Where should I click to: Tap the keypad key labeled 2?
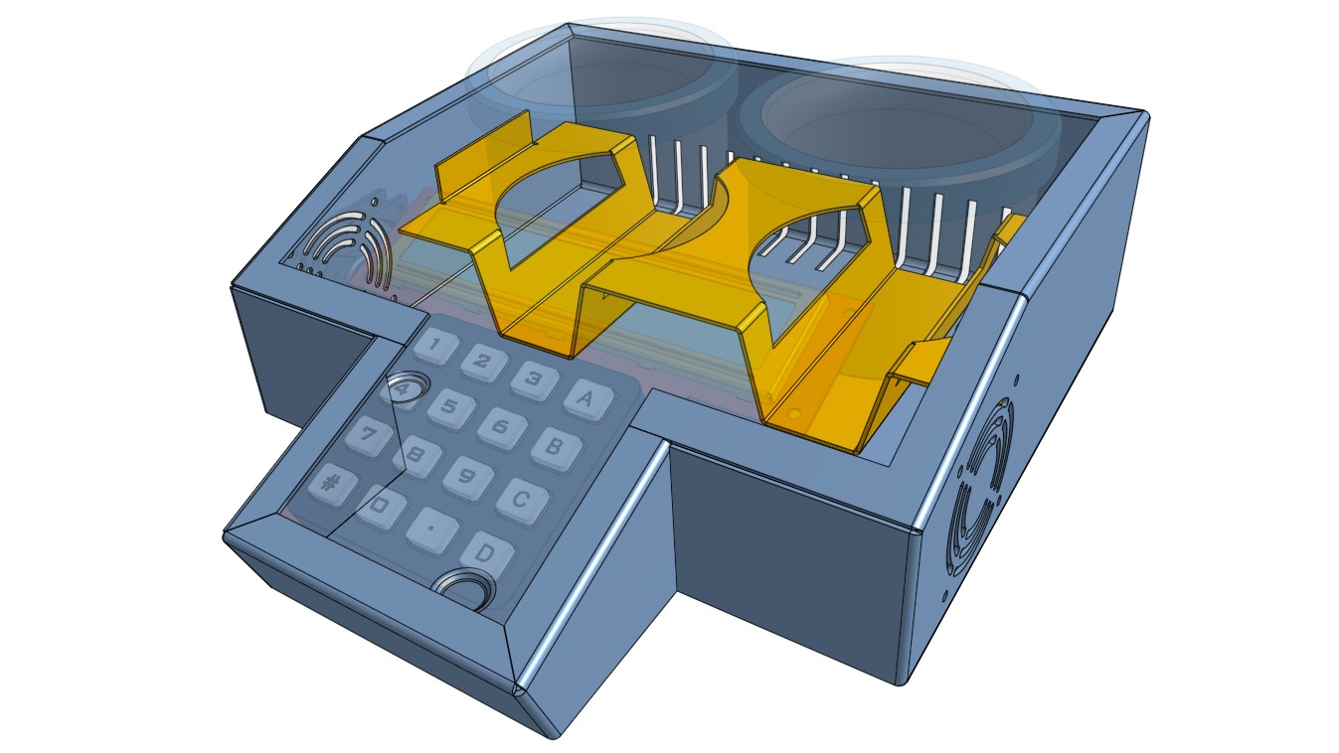(484, 362)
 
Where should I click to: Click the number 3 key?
(534, 378)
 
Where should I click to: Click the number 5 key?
(449, 406)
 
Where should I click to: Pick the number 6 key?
(501, 427)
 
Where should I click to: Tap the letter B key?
(554, 447)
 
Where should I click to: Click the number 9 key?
(466, 477)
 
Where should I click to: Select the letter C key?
(520, 498)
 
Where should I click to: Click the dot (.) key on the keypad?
(431, 530)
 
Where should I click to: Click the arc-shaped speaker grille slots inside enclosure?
(349, 248)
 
